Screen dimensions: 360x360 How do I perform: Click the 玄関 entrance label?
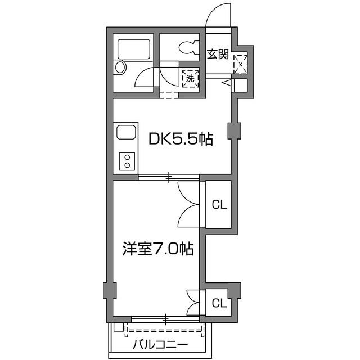(218, 55)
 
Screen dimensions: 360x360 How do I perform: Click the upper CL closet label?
(219, 205)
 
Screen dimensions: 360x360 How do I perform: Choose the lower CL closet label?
(219, 304)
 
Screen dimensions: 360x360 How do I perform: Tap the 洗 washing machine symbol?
(190, 79)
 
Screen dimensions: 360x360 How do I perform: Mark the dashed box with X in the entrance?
(240, 64)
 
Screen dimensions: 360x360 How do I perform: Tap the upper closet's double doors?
(189, 204)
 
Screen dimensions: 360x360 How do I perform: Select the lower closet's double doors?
(193, 303)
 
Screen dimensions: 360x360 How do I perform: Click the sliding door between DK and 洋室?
(169, 178)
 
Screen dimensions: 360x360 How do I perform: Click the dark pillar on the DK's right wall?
(233, 131)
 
